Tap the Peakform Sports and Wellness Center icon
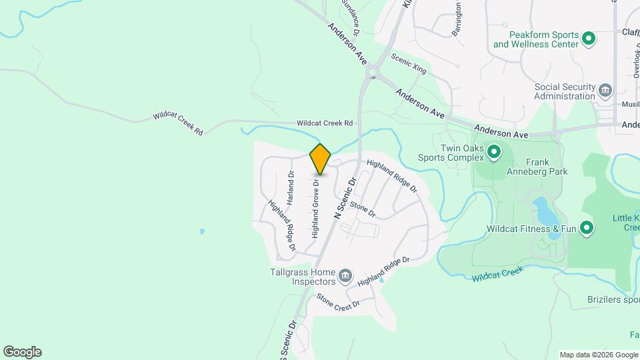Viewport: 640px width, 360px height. pyautogui.click(x=589, y=39)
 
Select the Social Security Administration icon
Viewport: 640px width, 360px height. pyautogui.click(x=605, y=90)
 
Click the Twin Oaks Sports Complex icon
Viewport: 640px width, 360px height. pyautogui.click(x=494, y=152)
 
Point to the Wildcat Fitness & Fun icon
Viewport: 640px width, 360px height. pyautogui.click(x=587, y=229)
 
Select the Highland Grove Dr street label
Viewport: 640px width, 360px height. pyautogui.click(x=315, y=207)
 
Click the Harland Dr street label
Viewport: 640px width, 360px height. pyautogui.click(x=291, y=187)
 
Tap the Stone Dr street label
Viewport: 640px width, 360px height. pyautogui.click(x=363, y=209)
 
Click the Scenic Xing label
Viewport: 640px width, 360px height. pyautogui.click(x=409, y=63)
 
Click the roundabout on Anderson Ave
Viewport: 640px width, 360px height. pyautogui.click(x=371, y=71)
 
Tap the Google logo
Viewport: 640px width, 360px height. pyautogui.click(x=22, y=352)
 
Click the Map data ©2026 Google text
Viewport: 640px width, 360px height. pyautogui.click(x=598, y=355)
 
